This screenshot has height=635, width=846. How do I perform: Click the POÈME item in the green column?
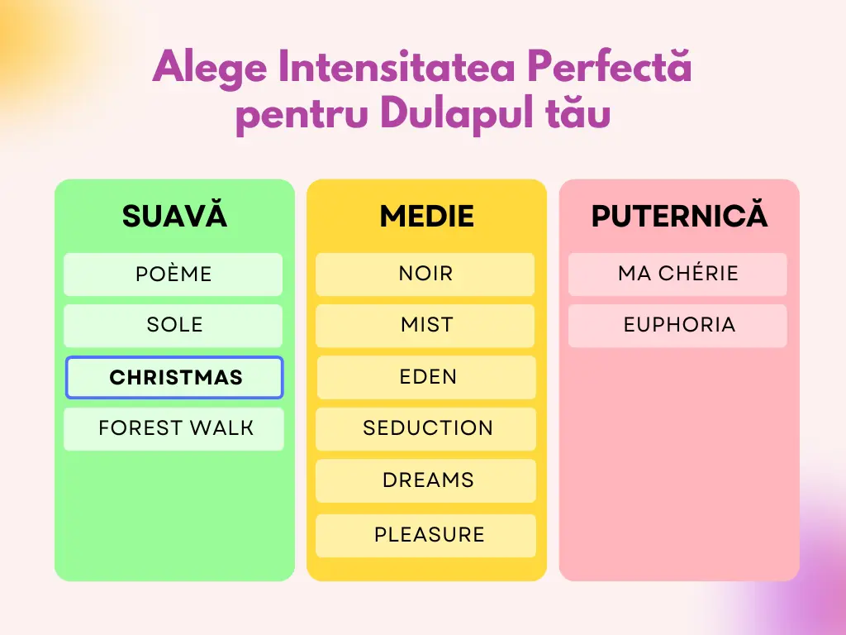tap(173, 275)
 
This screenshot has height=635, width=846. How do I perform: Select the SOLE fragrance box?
tap(173, 326)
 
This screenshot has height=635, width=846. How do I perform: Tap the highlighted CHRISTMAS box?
tap(174, 377)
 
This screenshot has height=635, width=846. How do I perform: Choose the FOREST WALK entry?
tap(173, 429)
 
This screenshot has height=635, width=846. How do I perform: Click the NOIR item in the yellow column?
tap(425, 275)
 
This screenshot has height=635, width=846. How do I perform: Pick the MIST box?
tap(425, 326)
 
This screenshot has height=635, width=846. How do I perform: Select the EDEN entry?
tap(426, 377)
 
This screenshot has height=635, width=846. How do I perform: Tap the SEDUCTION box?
tap(425, 429)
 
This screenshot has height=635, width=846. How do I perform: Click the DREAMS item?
tap(425, 480)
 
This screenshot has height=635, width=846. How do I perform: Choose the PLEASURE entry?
tap(425, 536)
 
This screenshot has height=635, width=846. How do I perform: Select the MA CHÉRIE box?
tap(677, 275)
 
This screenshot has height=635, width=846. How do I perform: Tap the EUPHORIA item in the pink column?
tap(677, 326)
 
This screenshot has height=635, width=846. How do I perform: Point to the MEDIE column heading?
tap(427, 216)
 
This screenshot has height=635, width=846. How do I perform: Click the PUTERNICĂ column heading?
tap(679, 214)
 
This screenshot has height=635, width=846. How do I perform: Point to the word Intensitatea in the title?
tap(397, 66)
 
